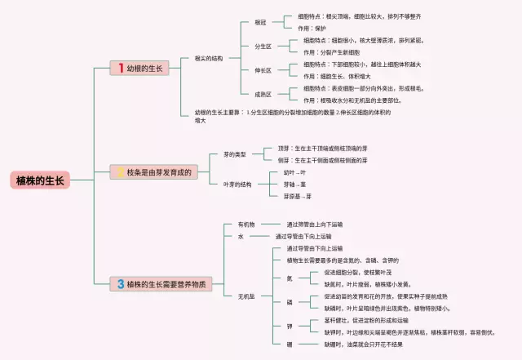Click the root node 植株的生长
(x=39, y=180)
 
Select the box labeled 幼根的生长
(x=140, y=69)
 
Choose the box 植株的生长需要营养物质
(x=161, y=284)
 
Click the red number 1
(x=121, y=69)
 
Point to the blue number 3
(x=121, y=284)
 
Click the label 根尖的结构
(x=209, y=59)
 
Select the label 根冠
(x=238, y=22)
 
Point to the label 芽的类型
(x=234, y=154)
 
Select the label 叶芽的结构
(x=237, y=184)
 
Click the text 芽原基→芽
(x=298, y=196)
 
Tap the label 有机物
(x=246, y=224)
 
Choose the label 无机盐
(x=246, y=296)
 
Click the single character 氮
(x=288, y=278)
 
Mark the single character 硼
(x=288, y=344)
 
